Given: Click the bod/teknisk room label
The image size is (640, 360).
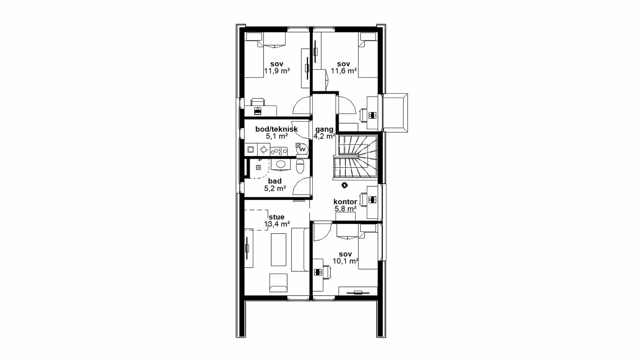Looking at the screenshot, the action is (276, 129).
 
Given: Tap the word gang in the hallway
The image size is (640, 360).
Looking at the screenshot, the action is (324, 129).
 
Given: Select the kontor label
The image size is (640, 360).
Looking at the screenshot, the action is (345, 202).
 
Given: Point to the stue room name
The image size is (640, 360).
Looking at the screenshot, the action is (276, 217).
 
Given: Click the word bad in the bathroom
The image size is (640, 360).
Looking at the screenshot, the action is (274, 181).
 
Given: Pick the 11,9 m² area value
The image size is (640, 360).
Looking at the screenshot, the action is (277, 71).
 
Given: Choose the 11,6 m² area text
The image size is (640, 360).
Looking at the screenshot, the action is (344, 71).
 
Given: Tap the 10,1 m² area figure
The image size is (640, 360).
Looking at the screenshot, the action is (346, 261).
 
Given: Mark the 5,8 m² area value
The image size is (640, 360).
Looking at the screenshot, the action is (346, 209).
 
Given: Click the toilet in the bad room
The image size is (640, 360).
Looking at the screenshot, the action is (300, 166).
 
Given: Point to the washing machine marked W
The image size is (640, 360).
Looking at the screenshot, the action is (302, 149).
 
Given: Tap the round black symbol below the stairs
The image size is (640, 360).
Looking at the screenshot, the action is (344, 186).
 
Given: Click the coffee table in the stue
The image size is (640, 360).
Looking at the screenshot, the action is (278, 250).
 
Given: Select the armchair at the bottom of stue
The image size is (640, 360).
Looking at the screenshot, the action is (278, 282).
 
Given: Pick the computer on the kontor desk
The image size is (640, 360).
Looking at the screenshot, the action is (372, 200).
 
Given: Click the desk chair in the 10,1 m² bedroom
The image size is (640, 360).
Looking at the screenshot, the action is (327, 272).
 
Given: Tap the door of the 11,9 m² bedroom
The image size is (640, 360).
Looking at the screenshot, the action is (302, 106).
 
